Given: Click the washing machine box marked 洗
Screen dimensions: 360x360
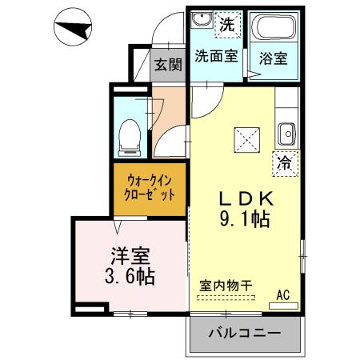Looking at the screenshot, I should click(227, 24).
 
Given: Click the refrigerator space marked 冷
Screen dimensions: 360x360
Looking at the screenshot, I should click(284, 162).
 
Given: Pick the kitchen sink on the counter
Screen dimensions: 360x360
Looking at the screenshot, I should click(286, 131).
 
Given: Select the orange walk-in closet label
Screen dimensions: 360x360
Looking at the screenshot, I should click(150, 189).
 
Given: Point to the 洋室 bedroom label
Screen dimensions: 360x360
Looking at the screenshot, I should click(128, 259).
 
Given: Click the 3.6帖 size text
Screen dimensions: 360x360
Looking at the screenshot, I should click(128, 278).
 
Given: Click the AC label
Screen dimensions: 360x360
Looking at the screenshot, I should click(282, 294).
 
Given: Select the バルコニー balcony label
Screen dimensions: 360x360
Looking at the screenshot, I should click(245, 333).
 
